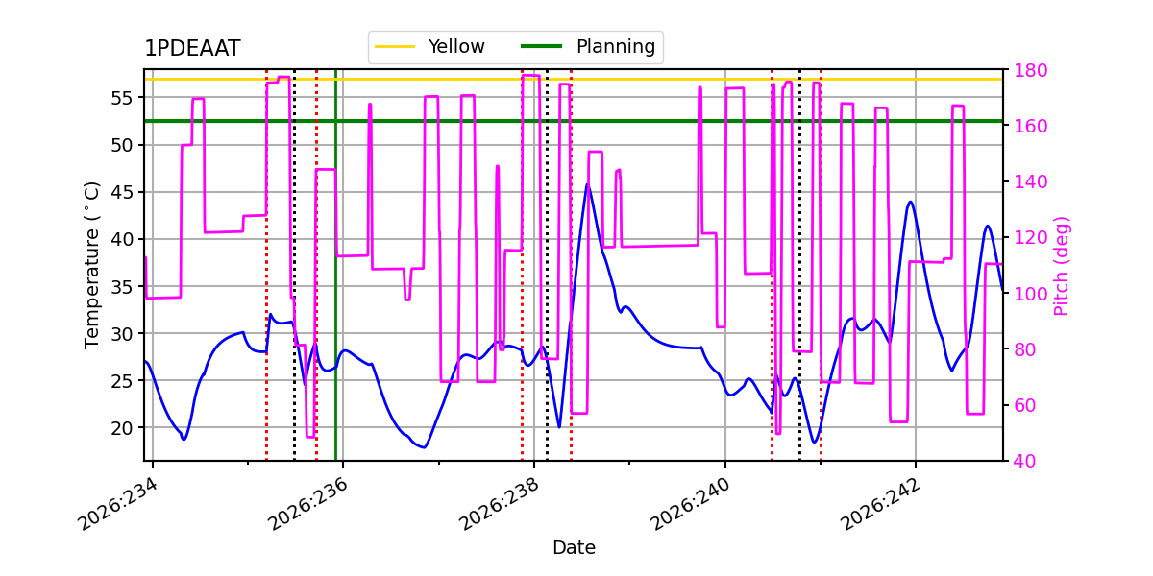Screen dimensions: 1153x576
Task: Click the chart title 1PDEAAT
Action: (192, 48)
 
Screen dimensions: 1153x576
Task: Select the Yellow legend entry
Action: (429, 47)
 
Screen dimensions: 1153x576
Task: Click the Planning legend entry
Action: (588, 47)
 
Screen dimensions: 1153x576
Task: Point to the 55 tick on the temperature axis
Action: (121, 98)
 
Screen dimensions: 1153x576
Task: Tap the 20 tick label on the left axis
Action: (121, 428)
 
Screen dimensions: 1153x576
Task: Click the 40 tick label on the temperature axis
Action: (121, 239)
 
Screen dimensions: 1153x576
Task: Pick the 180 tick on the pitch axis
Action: (1030, 70)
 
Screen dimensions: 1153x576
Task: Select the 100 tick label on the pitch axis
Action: (1030, 294)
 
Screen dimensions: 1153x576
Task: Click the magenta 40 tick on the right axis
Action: (1025, 462)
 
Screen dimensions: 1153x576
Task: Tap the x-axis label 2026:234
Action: (117, 504)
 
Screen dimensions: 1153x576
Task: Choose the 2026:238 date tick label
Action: (499, 504)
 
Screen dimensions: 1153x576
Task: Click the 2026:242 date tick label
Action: (880, 504)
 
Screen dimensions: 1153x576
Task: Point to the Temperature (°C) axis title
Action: (91, 265)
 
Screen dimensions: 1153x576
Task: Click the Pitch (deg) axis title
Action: (1062, 266)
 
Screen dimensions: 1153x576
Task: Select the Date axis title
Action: (574, 548)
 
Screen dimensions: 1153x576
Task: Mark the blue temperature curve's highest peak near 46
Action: (587, 184)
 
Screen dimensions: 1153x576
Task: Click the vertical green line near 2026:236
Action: (335, 265)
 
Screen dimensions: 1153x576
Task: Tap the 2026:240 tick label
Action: (690, 504)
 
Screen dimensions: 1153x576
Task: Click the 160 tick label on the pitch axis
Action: (1030, 126)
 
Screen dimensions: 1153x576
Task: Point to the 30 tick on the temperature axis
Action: (121, 334)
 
